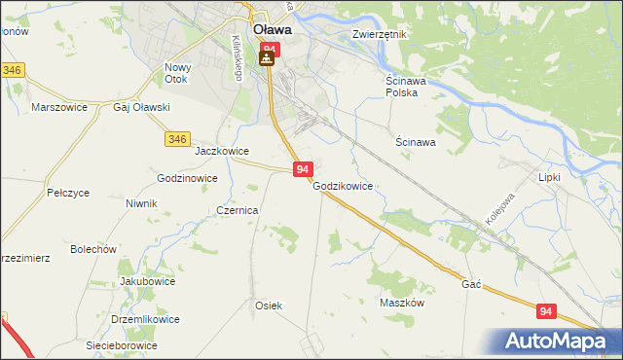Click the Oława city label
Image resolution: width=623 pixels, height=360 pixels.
point(268,29)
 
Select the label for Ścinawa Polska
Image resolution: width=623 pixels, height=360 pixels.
point(401,87)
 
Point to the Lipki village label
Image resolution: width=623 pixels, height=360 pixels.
point(550,178)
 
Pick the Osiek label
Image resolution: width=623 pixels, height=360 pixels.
point(269,306)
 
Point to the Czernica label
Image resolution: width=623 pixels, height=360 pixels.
point(237,210)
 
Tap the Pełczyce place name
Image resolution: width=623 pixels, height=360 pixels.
point(68,194)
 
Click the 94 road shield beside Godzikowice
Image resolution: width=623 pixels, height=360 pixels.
point(302,169)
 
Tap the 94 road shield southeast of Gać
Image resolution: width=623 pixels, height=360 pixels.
point(546,310)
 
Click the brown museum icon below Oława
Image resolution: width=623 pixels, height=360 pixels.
point(266,59)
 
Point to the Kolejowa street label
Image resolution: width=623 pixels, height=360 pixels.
point(495,218)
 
